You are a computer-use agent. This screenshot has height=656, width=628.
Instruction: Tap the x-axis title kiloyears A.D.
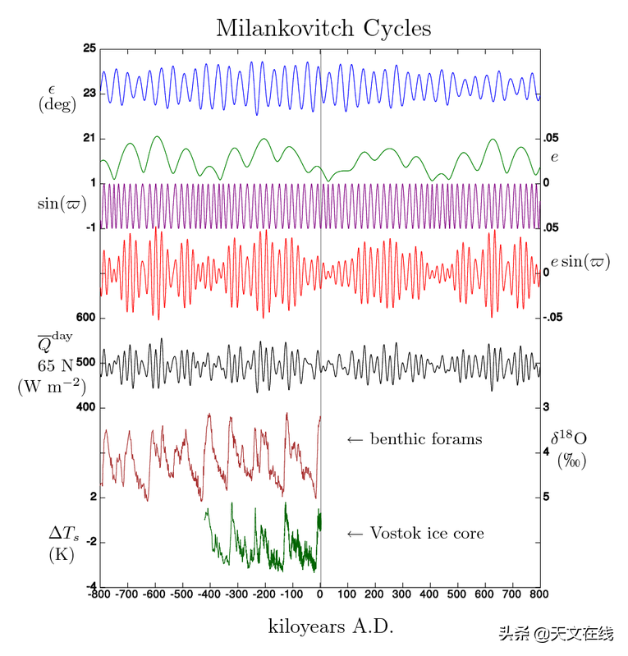pyautogui.click(x=331, y=626)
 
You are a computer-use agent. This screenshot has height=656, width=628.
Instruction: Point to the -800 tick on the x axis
pyautogui.click(x=99, y=593)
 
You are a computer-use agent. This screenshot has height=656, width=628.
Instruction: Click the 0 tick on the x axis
pyautogui.click(x=320, y=593)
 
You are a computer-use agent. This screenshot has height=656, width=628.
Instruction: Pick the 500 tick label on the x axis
pyautogui.click(x=459, y=593)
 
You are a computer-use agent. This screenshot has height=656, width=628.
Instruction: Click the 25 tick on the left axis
pyautogui.click(x=89, y=48)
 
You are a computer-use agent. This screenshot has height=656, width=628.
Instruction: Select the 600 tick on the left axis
pyautogui.click(x=85, y=318)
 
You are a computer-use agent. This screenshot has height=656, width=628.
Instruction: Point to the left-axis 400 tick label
pyautogui.click(x=85, y=407)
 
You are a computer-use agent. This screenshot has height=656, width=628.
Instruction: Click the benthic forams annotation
pyautogui.click(x=426, y=439)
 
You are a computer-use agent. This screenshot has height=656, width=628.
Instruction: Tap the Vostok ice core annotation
pyautogui.click(x=427, y=534)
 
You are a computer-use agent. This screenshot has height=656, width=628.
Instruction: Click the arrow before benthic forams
pyautogui.click(x=355, y=440)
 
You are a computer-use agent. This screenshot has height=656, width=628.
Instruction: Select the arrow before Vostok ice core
pyautogui.click(x=355, y=534)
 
